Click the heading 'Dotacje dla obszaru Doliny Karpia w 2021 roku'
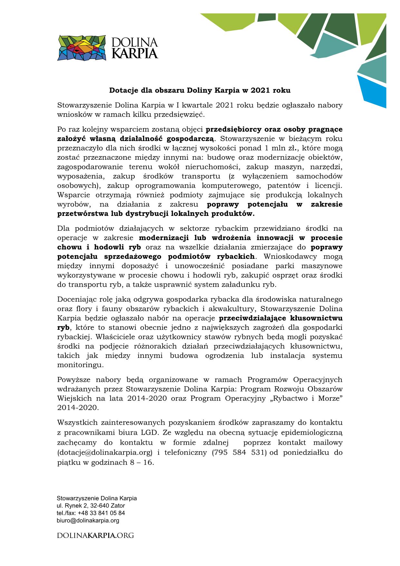coord(200,90)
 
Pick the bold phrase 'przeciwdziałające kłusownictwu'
coord(281,318)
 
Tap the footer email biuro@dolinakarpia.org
coord(88,520)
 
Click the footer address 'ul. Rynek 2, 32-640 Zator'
coord(91,505)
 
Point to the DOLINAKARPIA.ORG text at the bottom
coord(95,536)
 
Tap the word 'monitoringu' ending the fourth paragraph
coord(76,365)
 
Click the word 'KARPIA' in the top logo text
coord(135,53)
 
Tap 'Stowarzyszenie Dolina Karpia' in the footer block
coord(97,498)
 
